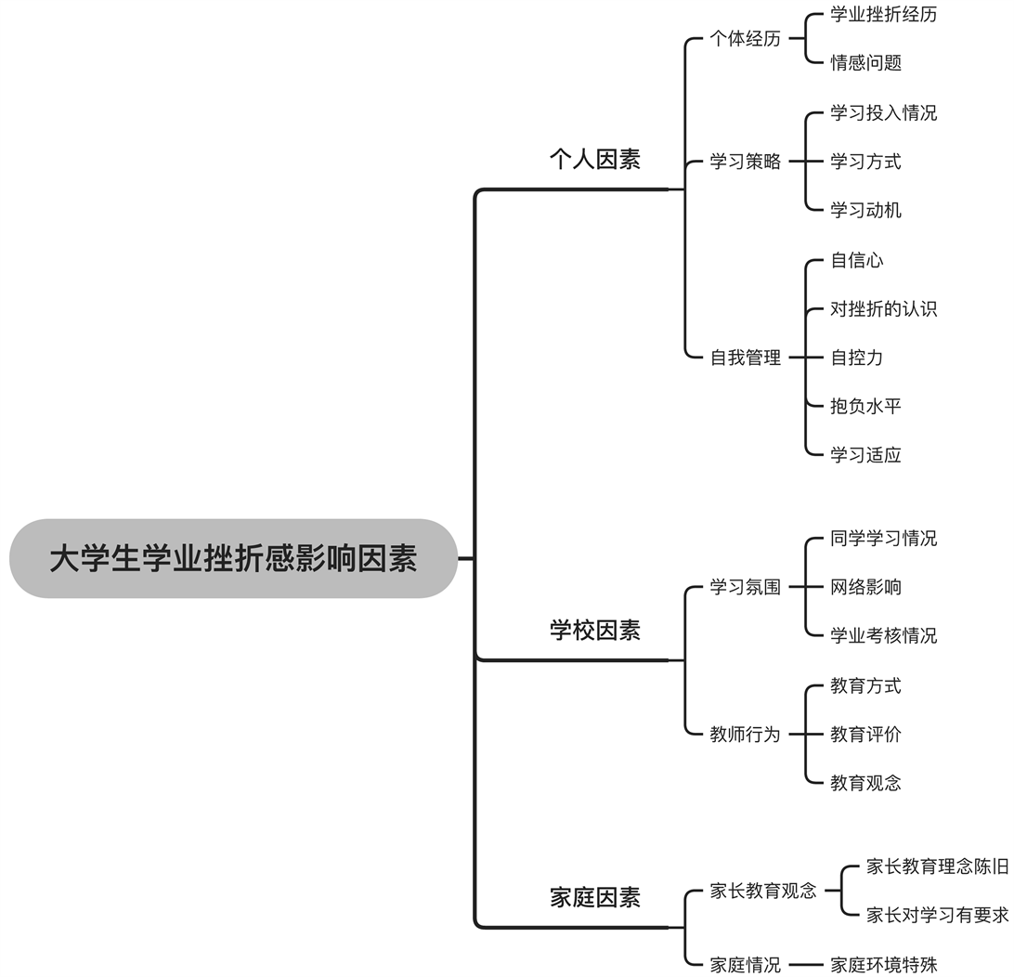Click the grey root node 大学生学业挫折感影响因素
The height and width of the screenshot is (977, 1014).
click(x=233, y=559)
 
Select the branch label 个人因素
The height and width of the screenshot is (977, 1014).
click(x=594, y=160)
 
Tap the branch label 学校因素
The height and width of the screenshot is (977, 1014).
click(x=594, y=631)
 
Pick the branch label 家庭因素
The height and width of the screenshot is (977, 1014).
click(x=594, y=898)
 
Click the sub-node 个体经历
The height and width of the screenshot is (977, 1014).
click(x=745, y=39)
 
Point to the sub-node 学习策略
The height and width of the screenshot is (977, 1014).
click(x=745, y=162)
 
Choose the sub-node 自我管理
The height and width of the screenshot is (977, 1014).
click(x=745, y=358)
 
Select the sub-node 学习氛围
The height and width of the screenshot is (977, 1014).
click(x=745, y=587)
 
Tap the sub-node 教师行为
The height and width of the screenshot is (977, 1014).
click(x=745, y=735)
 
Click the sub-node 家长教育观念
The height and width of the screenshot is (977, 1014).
click(x=763, y=891)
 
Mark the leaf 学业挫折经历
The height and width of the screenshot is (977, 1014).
click(x=883, y=15)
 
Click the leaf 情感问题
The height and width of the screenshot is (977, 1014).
click(x=865, y=63)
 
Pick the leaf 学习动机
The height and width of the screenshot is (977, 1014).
click(x=865, y=210)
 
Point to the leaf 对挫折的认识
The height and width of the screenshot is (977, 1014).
click(x=883, y=308)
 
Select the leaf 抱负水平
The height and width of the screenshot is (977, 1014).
click(x=865, y=406)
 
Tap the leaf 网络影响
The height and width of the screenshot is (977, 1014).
click(x=865, y=587)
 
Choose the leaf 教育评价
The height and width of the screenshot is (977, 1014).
click(x=865, y=735)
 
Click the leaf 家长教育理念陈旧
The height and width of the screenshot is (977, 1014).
click(x=937, y=867)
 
